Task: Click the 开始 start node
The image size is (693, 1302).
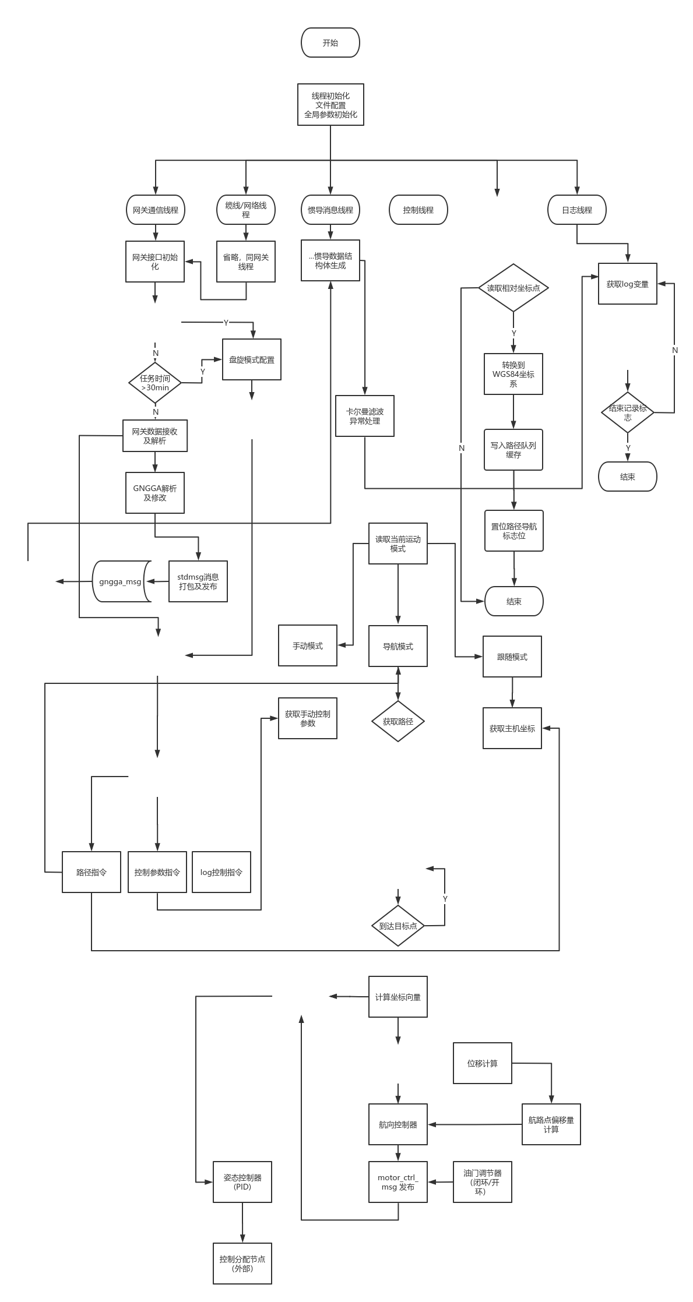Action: [x=330, y=43]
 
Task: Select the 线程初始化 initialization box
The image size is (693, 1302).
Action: [x=330, y=105]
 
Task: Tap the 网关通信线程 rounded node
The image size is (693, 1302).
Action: [x=156, y=210]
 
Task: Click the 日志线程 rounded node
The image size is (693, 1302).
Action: [x=577, y=210]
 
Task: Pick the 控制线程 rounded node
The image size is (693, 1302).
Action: [x=418, y=210]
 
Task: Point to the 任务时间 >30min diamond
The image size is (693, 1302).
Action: [x=155, y=383]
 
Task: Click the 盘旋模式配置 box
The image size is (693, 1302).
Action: [x=252, y=360]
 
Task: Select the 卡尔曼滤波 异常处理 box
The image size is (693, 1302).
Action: [x=365, y=416]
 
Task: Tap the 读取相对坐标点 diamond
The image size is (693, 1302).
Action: [x=513, y=288]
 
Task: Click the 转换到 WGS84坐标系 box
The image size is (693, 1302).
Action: [x=513, y=374]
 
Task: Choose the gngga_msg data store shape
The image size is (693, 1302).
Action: [x=121, y=581]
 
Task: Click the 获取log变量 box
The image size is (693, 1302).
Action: [x=628, y=284]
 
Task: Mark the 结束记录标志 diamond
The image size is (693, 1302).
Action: [x=628, y=412]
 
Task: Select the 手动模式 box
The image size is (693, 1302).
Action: [x=308, y=645]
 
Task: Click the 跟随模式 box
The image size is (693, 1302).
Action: [x=512, y=657]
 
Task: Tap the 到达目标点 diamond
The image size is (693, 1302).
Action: [x=398, y=926]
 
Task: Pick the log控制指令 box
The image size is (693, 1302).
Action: [x=221, y=872]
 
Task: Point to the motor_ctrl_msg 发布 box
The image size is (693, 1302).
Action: [x=398, y=1181]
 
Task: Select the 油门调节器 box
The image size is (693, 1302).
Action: [x=483, y=1181]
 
